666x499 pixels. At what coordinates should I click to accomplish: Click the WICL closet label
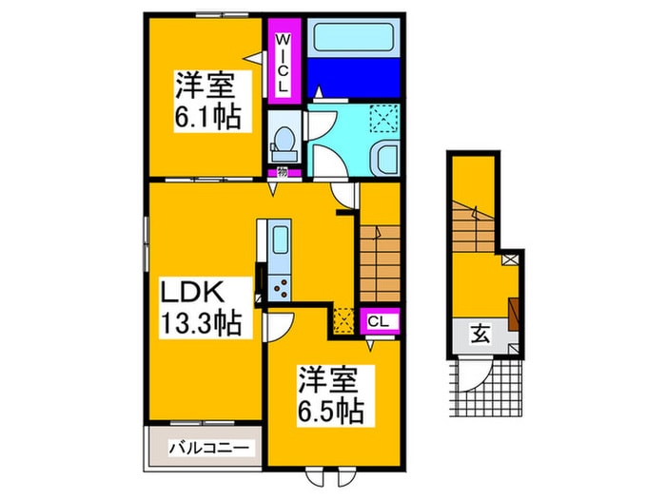[283, 58]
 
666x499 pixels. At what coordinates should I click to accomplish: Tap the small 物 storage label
[283, 173]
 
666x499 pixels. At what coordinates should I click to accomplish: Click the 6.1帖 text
[205, 119]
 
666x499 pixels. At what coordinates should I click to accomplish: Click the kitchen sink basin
[280, 240]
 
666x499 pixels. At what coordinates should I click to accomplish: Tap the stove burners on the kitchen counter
[280, 283]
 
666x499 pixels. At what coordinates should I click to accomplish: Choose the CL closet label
[379, 321]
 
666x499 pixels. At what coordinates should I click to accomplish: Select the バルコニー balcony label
[208, 445]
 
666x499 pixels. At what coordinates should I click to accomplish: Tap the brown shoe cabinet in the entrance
[514, 314]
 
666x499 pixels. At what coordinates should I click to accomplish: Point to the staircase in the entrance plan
[471, 227]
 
